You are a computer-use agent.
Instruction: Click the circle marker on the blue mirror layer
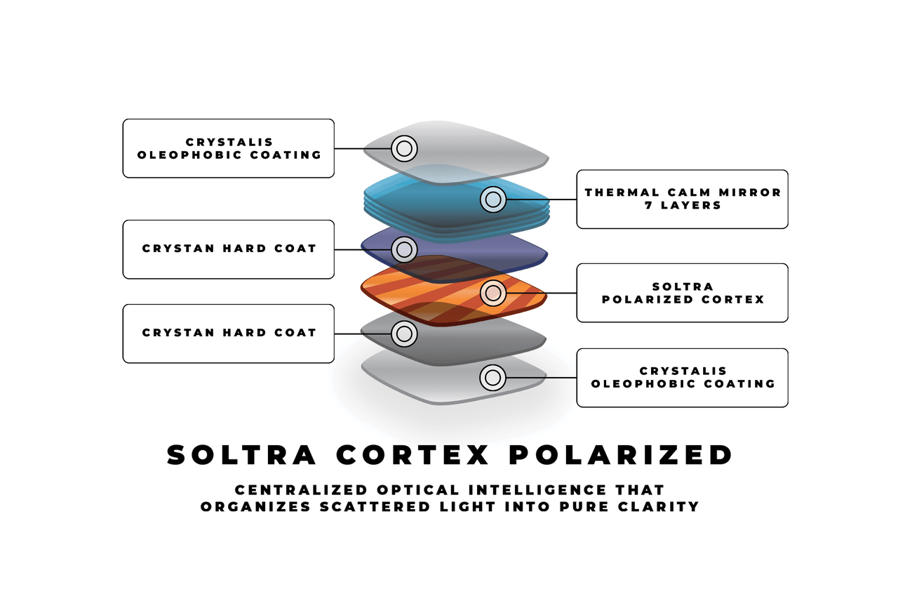(x=492, y=199)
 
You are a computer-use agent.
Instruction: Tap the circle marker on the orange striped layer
(x=492, y=293)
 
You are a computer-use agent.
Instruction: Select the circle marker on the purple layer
(x=404, y=249)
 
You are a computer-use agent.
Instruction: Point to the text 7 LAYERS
(x=683, y=206)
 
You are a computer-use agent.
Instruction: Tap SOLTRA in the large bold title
(x=242, y=455)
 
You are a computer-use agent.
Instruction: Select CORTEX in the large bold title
(x=413, y=455)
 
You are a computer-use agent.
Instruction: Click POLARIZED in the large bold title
(x=621, y=455)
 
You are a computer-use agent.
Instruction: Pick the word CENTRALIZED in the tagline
(x=301, y=490)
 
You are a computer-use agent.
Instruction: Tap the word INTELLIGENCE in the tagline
(x=537, y=490)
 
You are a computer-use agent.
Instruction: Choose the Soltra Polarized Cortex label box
(x=683, y=293)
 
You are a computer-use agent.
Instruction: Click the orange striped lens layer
(x=454, y=291)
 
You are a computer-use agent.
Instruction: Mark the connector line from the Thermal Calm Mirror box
(x=541, y=199)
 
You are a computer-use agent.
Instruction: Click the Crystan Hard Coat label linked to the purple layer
(x=229, y=249)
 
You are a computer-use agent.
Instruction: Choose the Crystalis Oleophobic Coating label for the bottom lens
(x=683, y=378)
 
